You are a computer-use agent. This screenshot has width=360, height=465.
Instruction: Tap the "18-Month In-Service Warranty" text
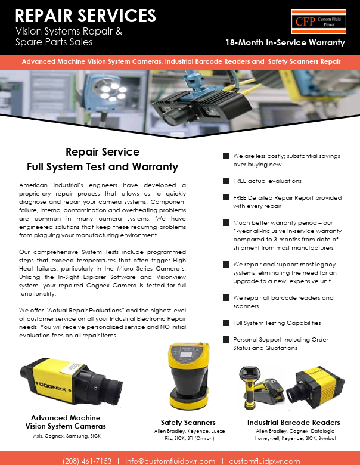click(285, 42)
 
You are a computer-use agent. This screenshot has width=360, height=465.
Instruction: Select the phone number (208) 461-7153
click(87, 461)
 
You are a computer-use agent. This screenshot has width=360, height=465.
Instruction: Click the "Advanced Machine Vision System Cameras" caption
click(66, 422)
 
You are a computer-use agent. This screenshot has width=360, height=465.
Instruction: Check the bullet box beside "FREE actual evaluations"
click(226, 181)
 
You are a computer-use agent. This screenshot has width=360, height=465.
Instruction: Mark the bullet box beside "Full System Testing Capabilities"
click(226, 323)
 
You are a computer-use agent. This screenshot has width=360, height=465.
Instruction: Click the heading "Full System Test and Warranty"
click(103, 167)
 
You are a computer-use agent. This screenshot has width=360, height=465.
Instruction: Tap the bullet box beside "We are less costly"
click(226, 156)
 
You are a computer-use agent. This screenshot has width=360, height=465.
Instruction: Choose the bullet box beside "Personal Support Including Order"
click(226, 339)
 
